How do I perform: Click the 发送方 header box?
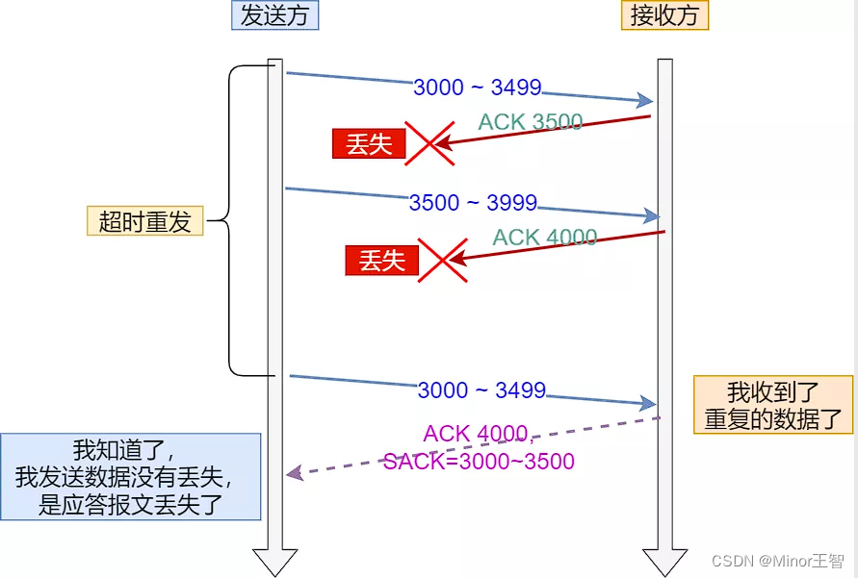274,15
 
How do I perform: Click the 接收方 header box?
664,15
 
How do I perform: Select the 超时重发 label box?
145,221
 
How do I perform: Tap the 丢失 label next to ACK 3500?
369,144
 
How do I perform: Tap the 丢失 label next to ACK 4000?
382,261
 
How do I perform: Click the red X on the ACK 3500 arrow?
429,144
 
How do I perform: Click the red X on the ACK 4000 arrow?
442,261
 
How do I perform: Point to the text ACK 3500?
531,122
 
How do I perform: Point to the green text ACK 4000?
545,238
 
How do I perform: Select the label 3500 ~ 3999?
473,203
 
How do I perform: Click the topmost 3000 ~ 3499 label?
478,88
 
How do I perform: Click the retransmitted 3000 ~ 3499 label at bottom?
481,390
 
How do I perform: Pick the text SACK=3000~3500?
479,462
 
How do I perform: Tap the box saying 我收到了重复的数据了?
773,405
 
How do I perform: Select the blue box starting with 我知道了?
131,477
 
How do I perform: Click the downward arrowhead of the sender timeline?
275,562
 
